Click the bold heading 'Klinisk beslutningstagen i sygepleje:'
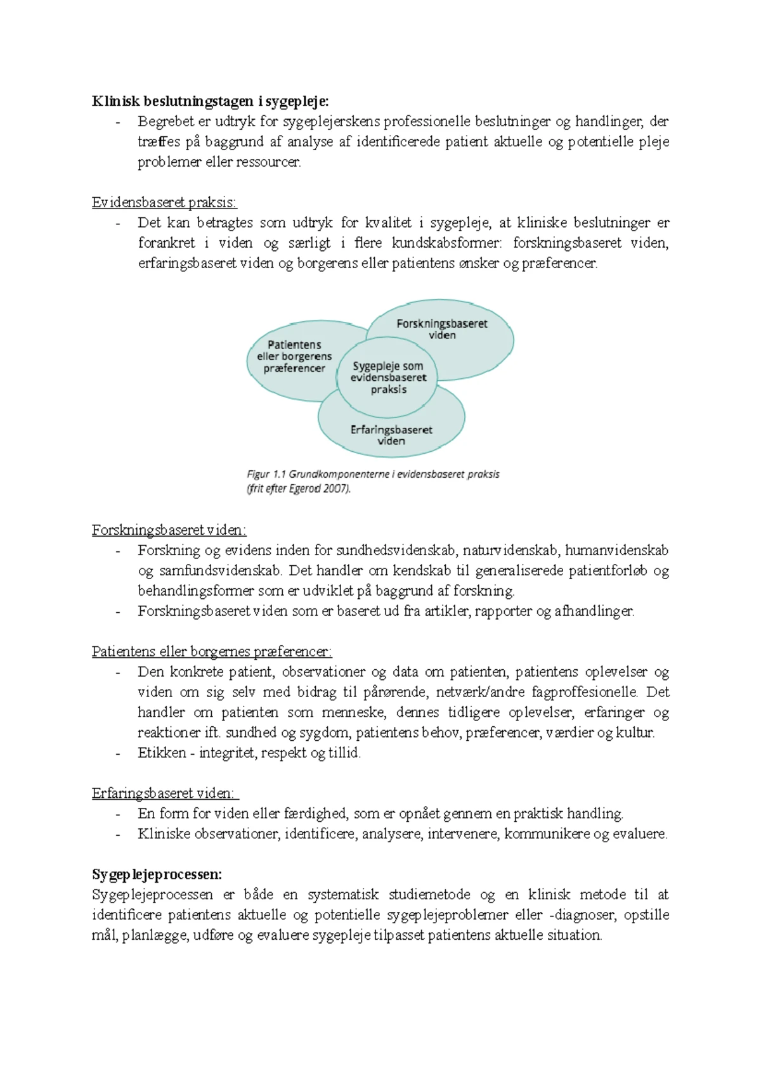point(211,101)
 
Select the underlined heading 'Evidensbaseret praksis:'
point(164,203)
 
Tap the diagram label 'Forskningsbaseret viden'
point(442,329)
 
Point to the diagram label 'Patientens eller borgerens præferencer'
point(294,356)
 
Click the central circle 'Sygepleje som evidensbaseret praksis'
point(388,378)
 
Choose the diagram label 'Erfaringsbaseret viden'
point(391,435)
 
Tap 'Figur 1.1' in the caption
point(267,474)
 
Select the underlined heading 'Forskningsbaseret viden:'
point(169,530)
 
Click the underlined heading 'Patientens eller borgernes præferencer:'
point(212,651)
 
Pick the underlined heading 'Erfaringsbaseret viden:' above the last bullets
point(164,793)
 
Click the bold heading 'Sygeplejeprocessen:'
point(157,874)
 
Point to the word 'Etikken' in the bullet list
point(162,753)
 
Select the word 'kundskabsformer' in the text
point(446,243)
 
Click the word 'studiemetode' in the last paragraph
point(429,895)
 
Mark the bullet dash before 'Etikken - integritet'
point(118,753)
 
